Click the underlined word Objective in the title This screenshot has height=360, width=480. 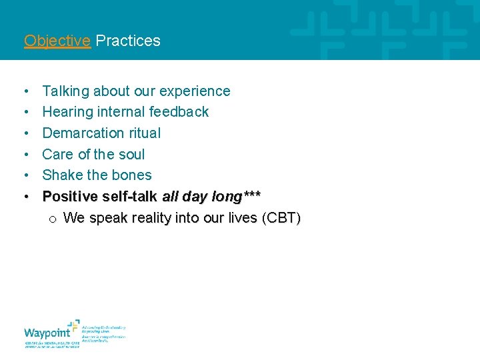pos(57,41)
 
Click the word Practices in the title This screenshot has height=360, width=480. pos(128,41)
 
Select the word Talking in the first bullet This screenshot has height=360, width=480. pos(65,91)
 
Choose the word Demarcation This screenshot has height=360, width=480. pos(82,133)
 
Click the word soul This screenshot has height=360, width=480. pos(132,155)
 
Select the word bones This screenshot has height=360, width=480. pos(133,175)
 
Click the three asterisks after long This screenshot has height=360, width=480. pos(252,195)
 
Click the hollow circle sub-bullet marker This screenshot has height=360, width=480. pos(52,219)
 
